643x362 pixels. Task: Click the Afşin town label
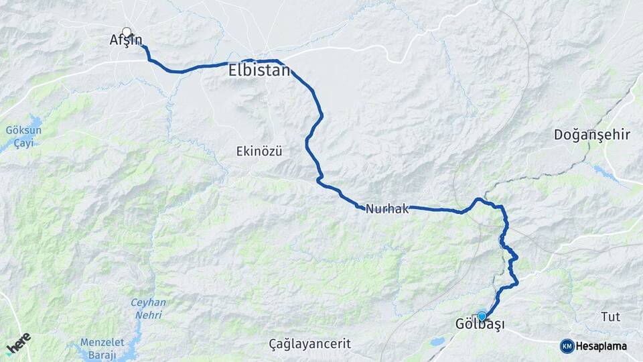126,40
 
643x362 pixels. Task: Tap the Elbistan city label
259,70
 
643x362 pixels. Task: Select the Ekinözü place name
259,152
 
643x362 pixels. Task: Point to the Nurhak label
387,209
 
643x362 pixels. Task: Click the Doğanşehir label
592,135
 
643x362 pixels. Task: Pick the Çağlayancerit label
309,344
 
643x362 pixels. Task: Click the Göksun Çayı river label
23,135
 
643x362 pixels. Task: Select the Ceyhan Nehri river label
148,308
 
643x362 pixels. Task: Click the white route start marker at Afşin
127,32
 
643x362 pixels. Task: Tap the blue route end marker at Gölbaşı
482,316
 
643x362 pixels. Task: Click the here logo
18,343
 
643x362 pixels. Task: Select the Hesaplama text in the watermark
602,346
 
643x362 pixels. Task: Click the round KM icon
567,346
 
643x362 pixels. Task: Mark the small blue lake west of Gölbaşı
437,341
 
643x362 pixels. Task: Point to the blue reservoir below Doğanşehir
606,173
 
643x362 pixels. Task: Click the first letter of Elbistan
233,70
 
